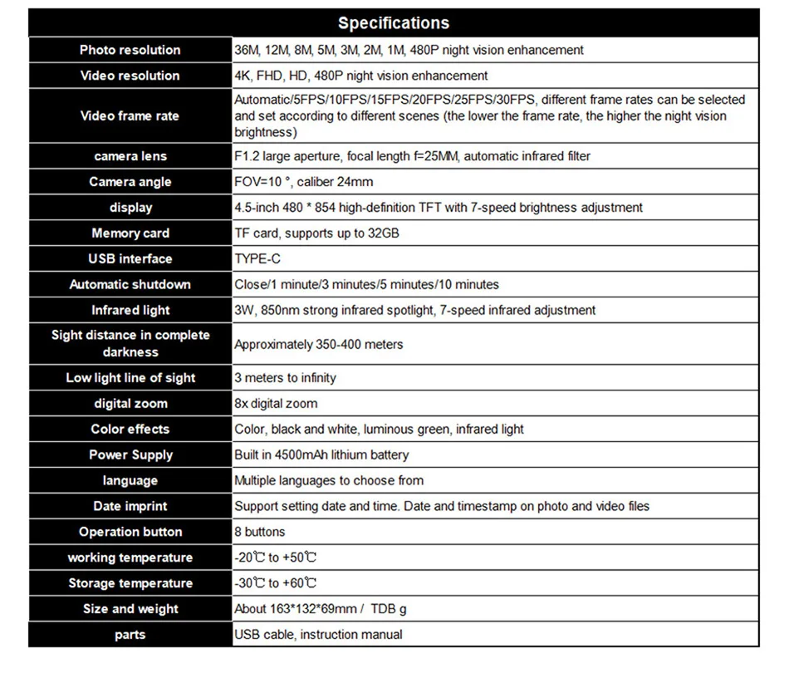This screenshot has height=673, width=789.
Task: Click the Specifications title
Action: [x=394, y=23]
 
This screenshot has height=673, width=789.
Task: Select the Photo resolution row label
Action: [x=130, y=50]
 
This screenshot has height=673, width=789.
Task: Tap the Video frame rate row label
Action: [x=130, y=115]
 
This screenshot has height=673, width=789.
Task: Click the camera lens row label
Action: [x=130, y=156]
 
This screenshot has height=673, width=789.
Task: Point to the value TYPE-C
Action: [x=257, y=258]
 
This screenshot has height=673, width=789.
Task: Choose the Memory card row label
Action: [x=130, y=233]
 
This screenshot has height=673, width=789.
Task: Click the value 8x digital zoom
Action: [x=276, y=404]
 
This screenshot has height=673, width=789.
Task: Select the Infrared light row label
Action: [x=130, y=310]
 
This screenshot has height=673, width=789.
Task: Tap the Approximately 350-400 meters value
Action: [x=318, y=344]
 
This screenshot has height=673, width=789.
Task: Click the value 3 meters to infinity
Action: [x=285, y=378]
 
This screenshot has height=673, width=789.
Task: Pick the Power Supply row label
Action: [x=130, y=454]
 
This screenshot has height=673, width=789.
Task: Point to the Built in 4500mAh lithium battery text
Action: [x=321, y=455]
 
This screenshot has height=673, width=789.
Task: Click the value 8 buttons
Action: [x=259, y=532]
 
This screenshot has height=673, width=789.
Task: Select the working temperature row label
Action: [x=130, y=558]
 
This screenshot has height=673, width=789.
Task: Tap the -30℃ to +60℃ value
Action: [x=276, y=583]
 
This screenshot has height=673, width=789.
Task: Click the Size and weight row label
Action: [x=130, y=609]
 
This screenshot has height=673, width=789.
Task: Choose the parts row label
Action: [x=130, y=635]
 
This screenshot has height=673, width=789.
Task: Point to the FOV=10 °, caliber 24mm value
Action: [x=303, y=182]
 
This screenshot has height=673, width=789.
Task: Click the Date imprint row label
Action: [x=130, y=506]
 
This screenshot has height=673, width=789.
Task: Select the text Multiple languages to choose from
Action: [x=329, y=480]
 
